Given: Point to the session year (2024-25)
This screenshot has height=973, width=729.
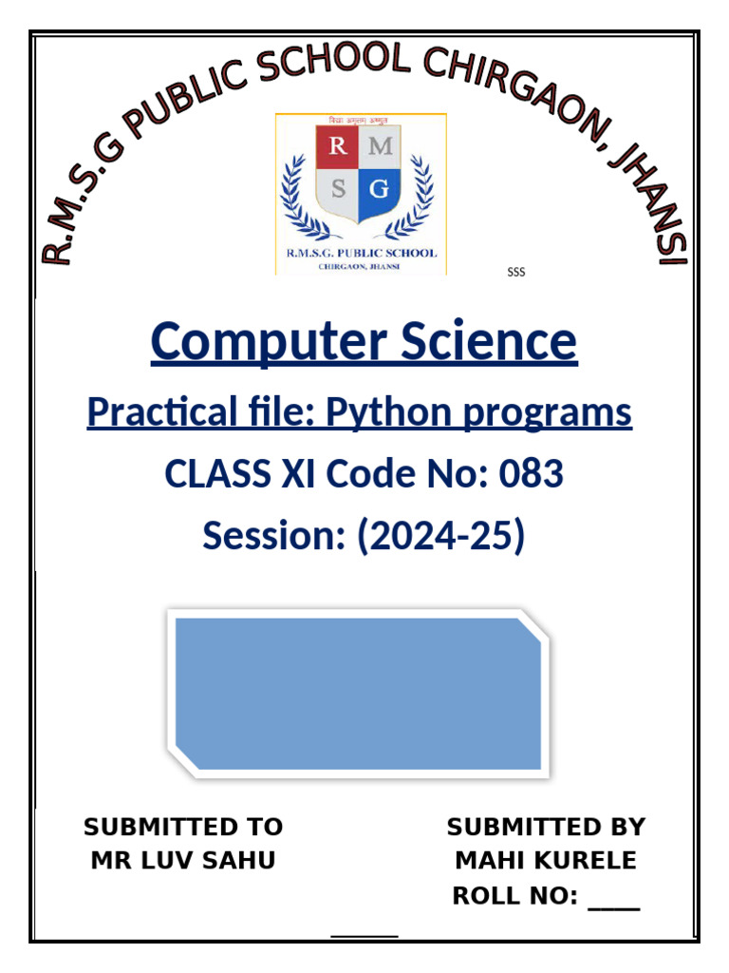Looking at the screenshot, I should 440,536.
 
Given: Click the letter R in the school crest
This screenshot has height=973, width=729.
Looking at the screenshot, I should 337,145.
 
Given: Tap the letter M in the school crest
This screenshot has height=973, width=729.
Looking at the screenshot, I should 381,145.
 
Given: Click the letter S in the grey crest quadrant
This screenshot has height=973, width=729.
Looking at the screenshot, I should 338,189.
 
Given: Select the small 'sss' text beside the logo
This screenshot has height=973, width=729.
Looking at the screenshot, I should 515,273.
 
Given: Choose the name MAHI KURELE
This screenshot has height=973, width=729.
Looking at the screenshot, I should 546,861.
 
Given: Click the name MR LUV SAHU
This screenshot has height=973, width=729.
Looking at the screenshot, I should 183,861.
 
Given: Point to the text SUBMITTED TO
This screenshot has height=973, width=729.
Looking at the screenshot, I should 183,827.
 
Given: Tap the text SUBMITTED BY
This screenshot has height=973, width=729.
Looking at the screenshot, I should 546,827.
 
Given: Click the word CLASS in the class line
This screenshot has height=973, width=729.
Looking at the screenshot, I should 216,473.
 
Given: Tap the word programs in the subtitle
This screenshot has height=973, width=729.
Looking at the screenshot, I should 551,412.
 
